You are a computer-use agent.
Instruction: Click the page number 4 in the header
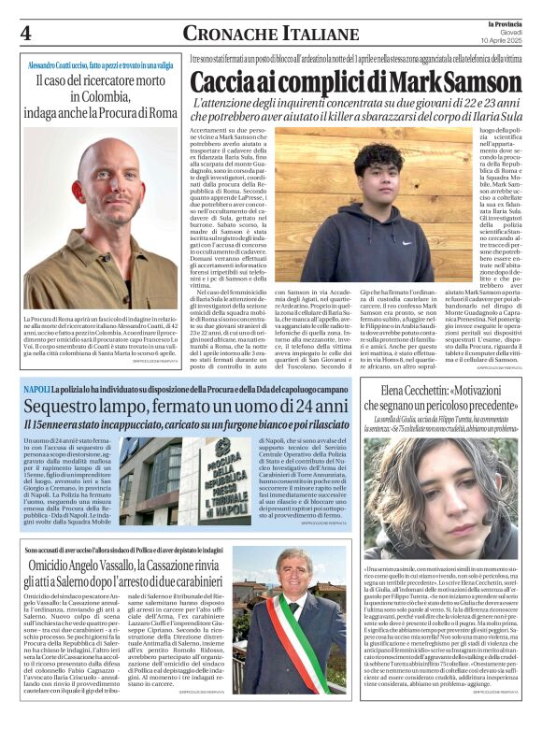click(26, 34)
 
